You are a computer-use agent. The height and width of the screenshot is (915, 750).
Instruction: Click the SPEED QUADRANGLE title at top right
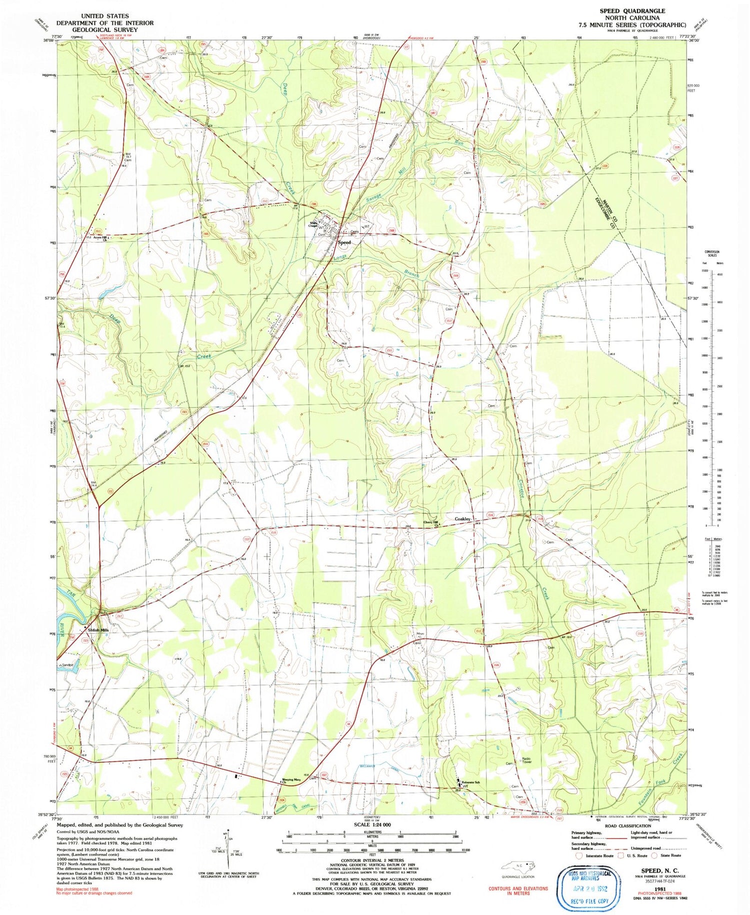[x=632, y=10]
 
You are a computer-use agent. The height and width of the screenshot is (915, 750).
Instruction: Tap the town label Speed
[x=344, y=242]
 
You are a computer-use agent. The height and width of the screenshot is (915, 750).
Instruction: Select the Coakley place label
[x=462, y=519]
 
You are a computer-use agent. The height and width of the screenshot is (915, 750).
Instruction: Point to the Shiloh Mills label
[x=98, y=630]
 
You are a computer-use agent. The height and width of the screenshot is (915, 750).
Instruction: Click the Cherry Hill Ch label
[x=431, y=523]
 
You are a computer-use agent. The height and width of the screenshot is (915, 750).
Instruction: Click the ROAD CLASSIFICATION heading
[x=628, y=826]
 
